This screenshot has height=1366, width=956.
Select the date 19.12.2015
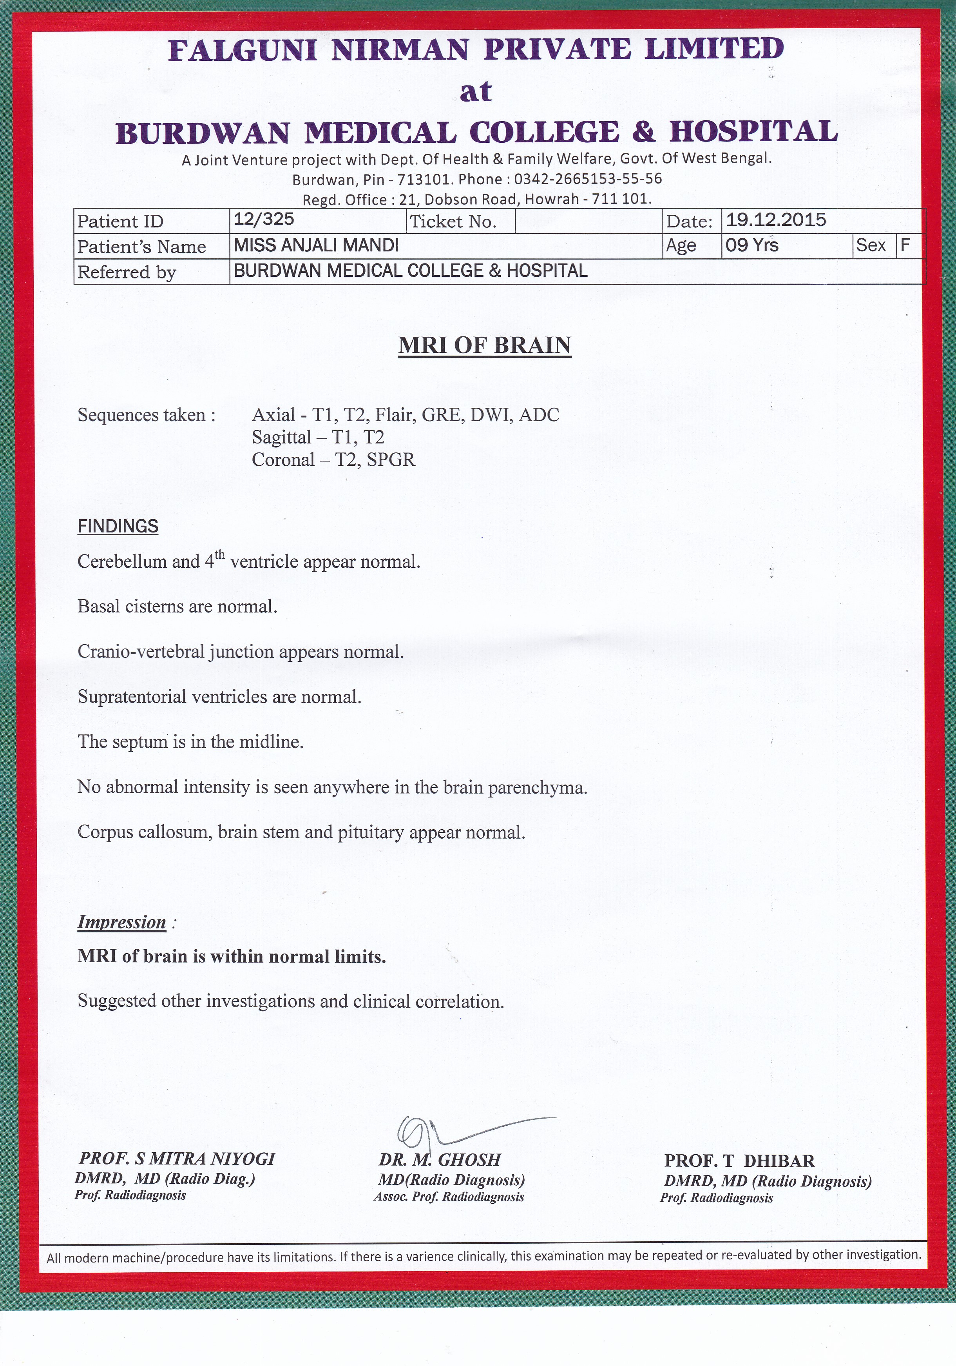click(776, 220)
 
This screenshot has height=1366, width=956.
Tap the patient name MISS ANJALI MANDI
click(316, 245)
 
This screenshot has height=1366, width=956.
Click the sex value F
click(905, 245)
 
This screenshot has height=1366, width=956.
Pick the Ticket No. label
click(453, 222)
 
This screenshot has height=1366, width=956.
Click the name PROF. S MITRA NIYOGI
click(177, 1158)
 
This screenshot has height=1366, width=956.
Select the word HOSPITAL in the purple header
click(754, 131)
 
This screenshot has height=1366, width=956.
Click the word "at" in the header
click(476, 91)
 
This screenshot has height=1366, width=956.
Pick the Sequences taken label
click(146, 415)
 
